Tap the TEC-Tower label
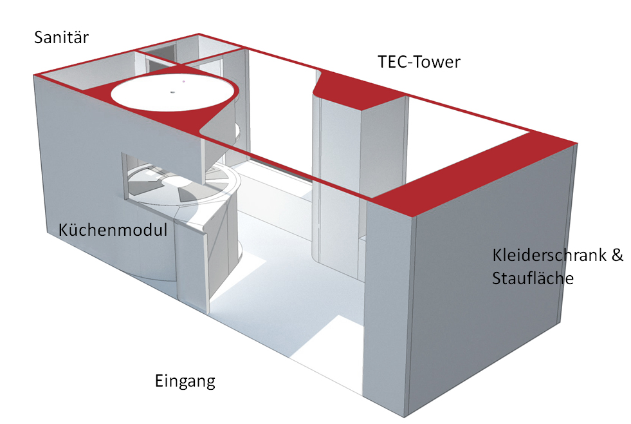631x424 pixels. [419, 62]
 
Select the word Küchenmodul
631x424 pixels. [113, 230]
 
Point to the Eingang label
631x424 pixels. [185, 381]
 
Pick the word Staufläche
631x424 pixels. [533, 278]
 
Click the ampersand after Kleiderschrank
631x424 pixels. [617, 255]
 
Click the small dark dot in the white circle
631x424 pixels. [172, 92]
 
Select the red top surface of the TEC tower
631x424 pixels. [360, 90]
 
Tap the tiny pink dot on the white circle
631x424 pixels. [183, 82]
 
